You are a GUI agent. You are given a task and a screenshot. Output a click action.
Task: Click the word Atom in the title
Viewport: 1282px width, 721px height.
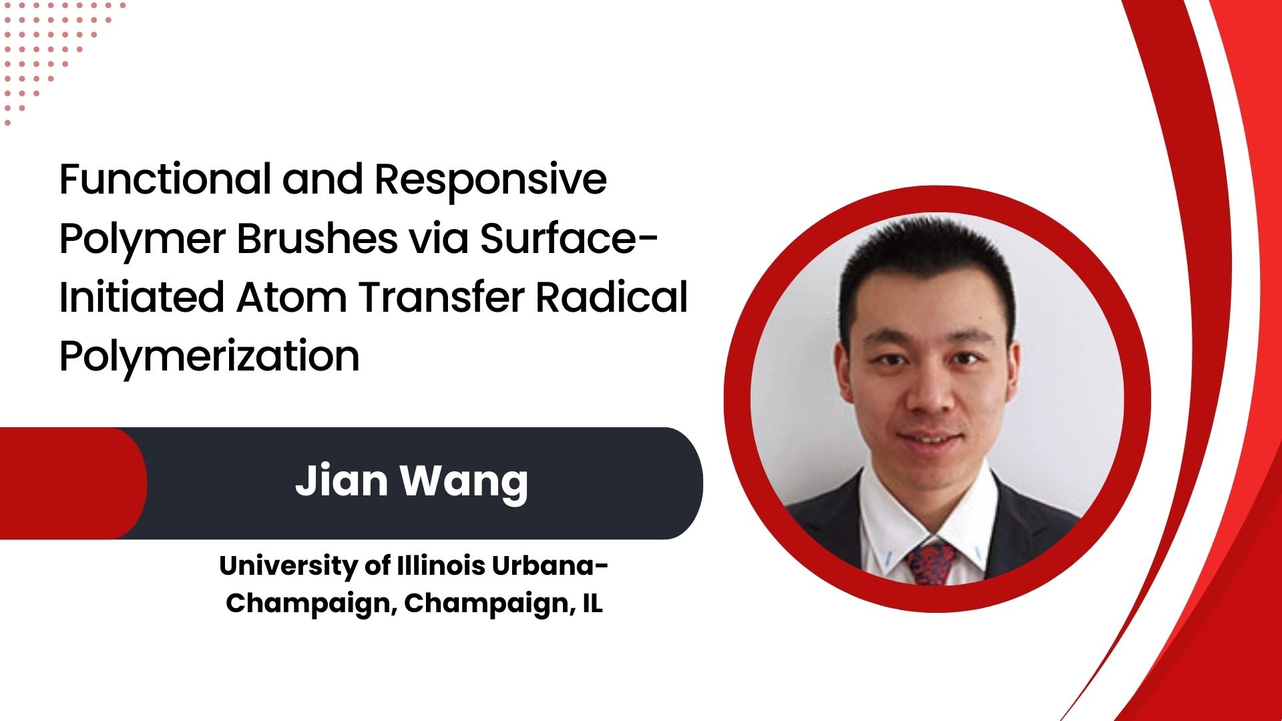coord(292,297)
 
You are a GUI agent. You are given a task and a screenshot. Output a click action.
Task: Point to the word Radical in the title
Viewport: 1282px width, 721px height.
coord(612,297)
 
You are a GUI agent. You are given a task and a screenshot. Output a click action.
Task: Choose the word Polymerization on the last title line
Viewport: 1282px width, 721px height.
coord(210,356)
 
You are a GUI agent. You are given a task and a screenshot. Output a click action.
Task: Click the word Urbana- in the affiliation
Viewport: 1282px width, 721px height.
coord(550,566)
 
